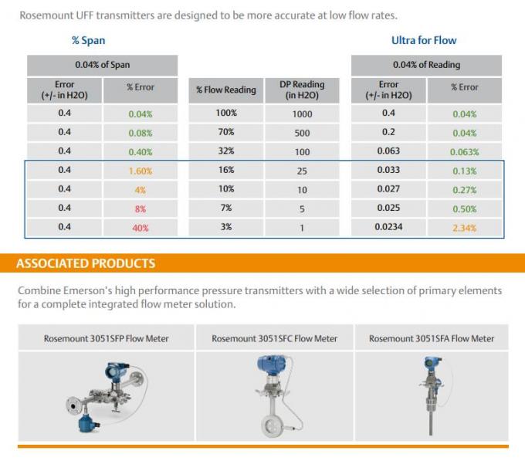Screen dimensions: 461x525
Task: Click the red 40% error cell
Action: pos(140,228)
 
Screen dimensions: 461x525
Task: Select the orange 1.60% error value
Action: pos(140,171)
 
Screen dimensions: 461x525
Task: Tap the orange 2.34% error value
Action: pos(464,228)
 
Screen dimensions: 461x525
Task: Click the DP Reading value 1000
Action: pos(302,114)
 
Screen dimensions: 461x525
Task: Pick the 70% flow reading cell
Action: pos(226,133)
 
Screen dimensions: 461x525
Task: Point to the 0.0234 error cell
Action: pos(389,228)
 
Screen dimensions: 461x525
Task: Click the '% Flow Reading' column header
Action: pos(226,90)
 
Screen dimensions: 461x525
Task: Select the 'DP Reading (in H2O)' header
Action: pos(302,90)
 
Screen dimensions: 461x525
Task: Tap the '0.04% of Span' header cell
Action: pos(102,65)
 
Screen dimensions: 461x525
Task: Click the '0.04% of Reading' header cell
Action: pos(426,65)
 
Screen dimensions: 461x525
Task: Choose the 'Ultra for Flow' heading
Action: pos(424,40)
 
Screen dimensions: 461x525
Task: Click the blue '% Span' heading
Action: pos(88,40)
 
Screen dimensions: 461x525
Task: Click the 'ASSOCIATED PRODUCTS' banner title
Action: pos(86,263)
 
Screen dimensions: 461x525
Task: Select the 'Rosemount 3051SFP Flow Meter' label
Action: pos(106,338)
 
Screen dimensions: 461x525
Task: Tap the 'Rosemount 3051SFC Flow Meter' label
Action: pos(274,338)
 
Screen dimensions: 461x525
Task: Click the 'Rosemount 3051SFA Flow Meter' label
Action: pos(432,338)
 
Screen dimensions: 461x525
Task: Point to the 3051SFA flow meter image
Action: pos(429,394)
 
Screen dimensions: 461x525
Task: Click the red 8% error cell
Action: pos(140,208)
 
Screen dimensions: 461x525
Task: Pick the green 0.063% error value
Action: pos(464,152)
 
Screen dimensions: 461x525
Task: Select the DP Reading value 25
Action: pos(302,171)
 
